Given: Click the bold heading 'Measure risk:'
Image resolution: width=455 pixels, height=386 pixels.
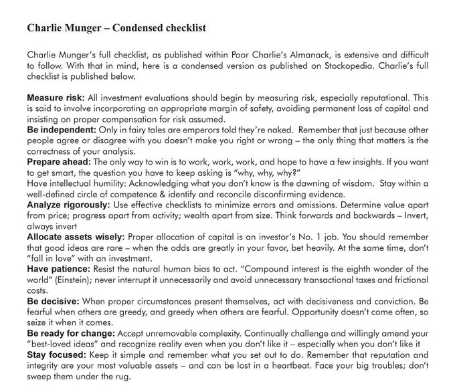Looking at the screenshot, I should point(55,98).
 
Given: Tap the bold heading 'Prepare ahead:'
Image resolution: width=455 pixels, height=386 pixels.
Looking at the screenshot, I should point(58,161).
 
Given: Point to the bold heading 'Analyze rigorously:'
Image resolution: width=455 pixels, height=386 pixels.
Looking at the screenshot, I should point(68,204).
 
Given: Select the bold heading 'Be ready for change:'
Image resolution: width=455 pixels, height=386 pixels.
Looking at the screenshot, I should point(70,333).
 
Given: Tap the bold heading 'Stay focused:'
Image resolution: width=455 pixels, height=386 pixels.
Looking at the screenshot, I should point(56,355).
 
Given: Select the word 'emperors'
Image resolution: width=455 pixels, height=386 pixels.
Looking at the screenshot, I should point(186,128).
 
